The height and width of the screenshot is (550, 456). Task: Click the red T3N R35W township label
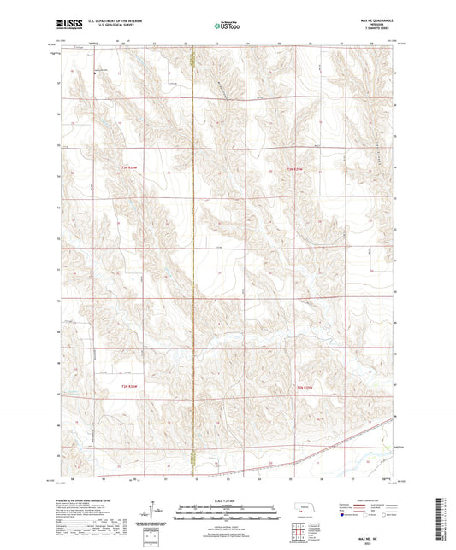(295, 169)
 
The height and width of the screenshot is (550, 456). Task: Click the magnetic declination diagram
(155, 511)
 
